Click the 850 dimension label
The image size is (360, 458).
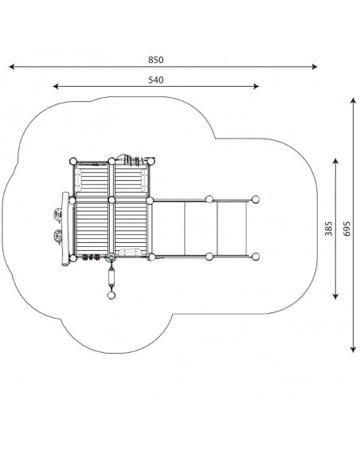click(155, 60)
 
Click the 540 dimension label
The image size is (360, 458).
click(155, 80)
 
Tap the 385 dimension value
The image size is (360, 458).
click(328, 229)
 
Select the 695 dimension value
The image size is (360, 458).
click(346, 229)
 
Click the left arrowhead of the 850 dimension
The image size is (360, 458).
click(12, 67)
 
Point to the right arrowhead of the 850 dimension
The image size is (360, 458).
click(315, 67)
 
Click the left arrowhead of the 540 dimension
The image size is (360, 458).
click(56, 86)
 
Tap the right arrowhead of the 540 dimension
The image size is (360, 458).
click(256, 86)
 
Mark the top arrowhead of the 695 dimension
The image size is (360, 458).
click(354, 100)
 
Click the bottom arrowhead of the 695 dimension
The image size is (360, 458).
click(354, 350)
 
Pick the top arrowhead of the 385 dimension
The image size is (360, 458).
click(335, 161)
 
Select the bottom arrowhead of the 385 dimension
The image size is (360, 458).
click(335, 296)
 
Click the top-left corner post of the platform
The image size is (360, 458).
click(73, 161)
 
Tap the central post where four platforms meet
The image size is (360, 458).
click(112, 200)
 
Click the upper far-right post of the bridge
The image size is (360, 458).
click(256, 199)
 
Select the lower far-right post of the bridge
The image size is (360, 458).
click(256, 257)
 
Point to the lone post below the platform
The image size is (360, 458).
click(112, 296)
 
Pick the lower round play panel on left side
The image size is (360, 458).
click(58, 236)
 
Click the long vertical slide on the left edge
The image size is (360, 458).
click(65, 229)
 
